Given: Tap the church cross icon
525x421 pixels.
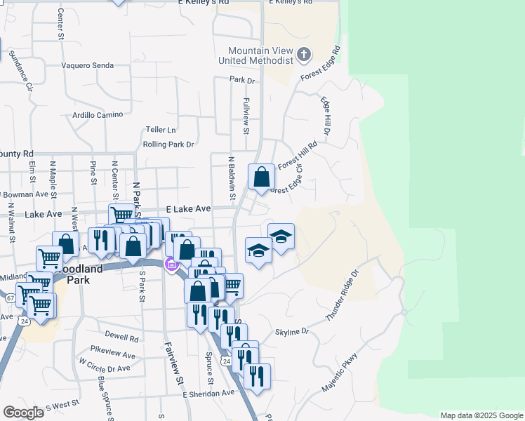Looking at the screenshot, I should [303, 54].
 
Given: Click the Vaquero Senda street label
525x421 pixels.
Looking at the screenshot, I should [88, 65].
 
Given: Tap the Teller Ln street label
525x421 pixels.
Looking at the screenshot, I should [161, 130].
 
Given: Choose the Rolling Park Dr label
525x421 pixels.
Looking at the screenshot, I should [168, 145].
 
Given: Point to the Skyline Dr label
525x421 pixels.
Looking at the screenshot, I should [292, 331].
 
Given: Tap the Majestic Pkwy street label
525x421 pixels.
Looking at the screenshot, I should [340, 372].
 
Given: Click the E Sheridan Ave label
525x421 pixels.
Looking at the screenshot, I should [208, 394].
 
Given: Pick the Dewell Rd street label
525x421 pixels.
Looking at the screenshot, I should [123, 337].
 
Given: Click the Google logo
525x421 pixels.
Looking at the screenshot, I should [23, 413].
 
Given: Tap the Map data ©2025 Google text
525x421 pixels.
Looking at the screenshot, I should [481, 415].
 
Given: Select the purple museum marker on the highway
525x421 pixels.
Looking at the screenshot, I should [170, 265].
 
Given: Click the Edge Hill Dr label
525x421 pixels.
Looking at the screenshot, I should [326, 115].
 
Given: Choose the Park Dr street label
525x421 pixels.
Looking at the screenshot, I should [241, 81].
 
